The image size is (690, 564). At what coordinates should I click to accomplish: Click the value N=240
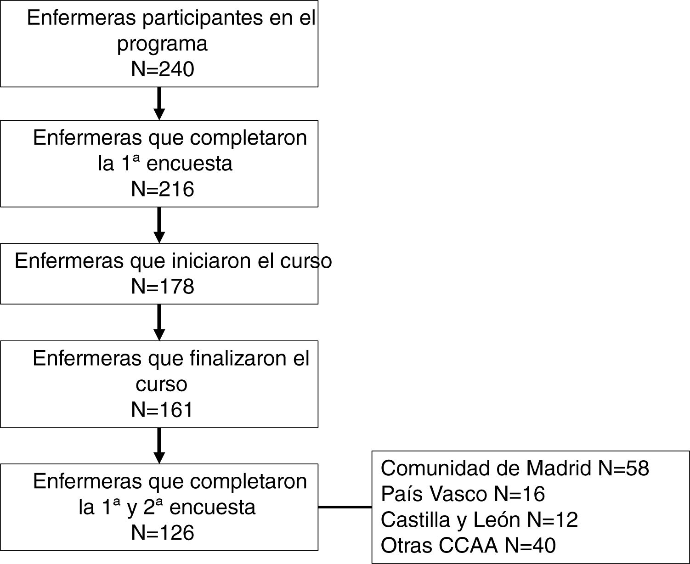tap(163, 69)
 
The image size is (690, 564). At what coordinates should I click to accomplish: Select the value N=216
tap(163, 189)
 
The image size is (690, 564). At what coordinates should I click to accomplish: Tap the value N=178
tap(163, 287)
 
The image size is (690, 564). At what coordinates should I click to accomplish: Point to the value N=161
tap(163, 410)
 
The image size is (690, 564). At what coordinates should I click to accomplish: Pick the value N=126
tap(163, 533)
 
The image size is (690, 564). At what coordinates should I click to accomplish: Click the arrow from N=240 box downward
tap(159, 103)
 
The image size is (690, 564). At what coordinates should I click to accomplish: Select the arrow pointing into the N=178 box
tap(159, 225)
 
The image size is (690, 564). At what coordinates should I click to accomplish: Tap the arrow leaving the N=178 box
tap(159, 322)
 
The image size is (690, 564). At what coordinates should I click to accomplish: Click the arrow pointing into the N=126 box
tap(159, 446)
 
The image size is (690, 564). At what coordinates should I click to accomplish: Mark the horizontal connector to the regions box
tap(345, 507)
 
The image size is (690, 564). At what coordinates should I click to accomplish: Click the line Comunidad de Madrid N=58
tap(515, 468)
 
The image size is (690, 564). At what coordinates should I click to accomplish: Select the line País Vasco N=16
tap(463, 494)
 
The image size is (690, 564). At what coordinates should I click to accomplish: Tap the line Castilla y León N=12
tap(479, 520)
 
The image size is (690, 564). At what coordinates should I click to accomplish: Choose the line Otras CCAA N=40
tap(468, 546)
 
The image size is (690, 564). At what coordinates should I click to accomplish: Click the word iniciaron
tap(211, 261)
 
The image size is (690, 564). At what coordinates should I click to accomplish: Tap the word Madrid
tap(558, 468)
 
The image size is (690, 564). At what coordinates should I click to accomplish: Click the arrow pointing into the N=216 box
tap(159, 103)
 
